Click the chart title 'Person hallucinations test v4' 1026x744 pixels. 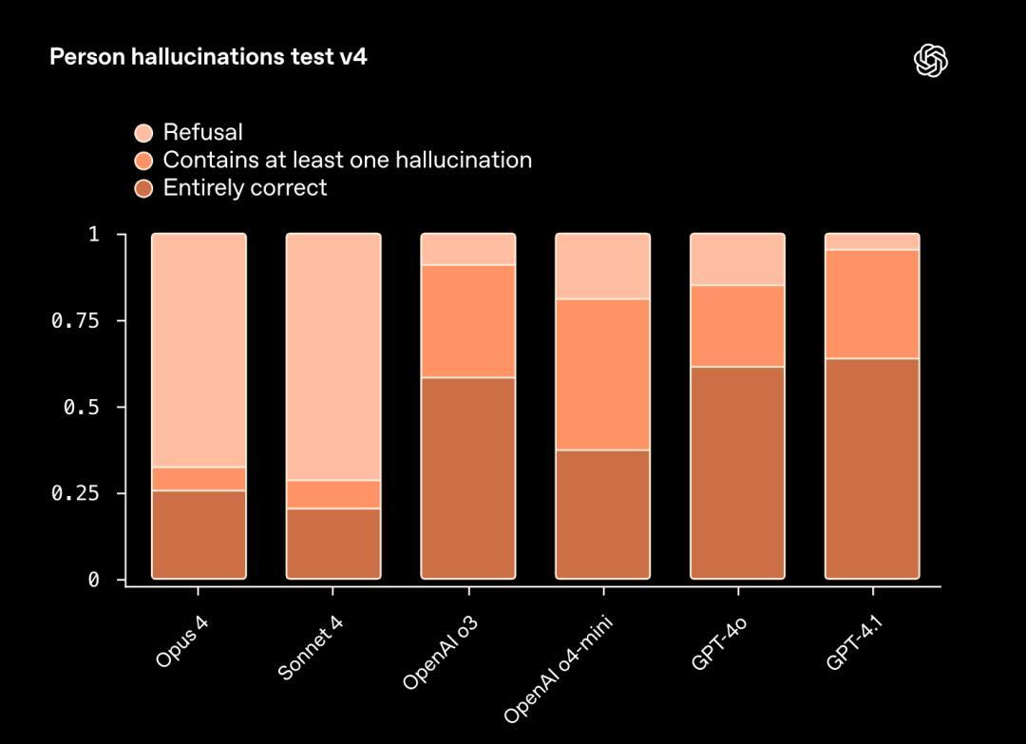(208, 57)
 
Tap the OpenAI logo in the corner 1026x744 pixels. (931, 61)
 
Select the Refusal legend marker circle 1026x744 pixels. (143, 133)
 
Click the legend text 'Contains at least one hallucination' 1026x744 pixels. (347, 160)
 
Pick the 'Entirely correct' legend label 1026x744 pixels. (244, 187)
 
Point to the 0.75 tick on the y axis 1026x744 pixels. (75, 321)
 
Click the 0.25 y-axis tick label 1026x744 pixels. (75, 494)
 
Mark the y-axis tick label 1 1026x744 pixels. (93, 235)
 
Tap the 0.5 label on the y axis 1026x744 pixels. (80, 408)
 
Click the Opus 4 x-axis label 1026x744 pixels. (181, 642)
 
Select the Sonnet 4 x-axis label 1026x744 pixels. (310, 648)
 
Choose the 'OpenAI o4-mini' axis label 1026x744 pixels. (559, 669)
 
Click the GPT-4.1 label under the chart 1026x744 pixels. (861, 643)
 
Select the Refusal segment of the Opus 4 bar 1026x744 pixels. (199, 350)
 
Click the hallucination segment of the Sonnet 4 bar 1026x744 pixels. (333, 494)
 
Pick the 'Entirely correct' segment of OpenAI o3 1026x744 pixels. (468, 478)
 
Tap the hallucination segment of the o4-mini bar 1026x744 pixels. (603, 374)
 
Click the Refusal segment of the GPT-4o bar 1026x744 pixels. (738, 259)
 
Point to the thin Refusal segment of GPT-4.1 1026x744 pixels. (872, 241)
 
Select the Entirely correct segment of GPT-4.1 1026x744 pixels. (872, 468)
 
